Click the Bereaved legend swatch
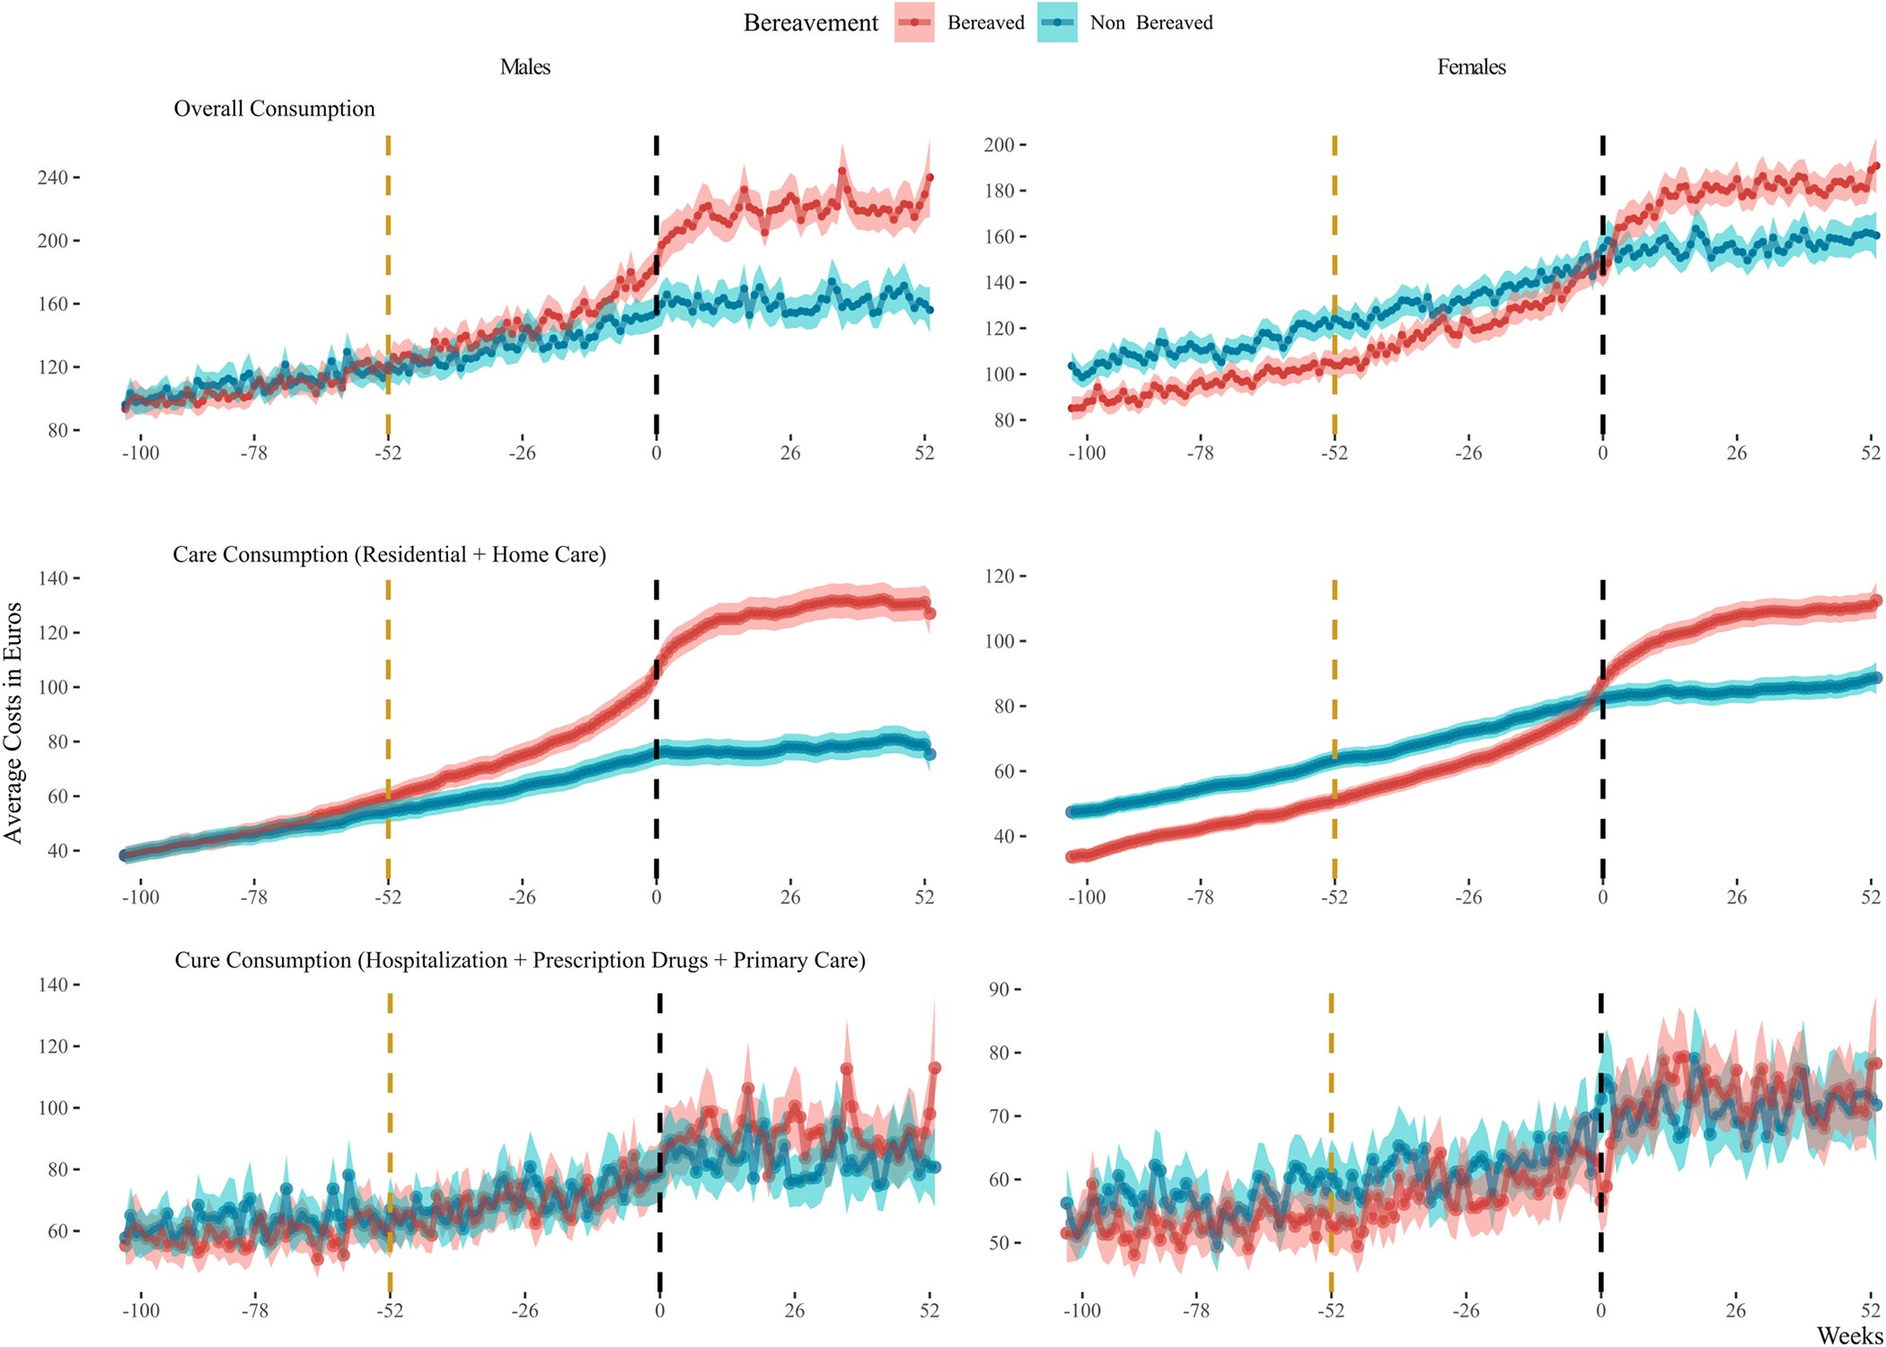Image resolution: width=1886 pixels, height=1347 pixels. click(x=914, y=23)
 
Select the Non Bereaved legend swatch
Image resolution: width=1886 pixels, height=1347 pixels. click(x=1057, y=23)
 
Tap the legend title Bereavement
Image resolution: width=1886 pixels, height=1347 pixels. click(x=810, y=23)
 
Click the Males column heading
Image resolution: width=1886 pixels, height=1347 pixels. click(x=525, y=67)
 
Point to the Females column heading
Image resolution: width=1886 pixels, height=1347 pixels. click(x=1471, y=67)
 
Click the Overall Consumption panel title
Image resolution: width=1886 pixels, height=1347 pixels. click(x=274, y=109)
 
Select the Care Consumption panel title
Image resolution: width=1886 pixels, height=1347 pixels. click(x=389, y=555)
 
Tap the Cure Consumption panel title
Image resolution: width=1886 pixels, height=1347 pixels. click(x=519, y=961)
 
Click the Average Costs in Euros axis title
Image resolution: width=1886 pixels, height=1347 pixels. click(x=13, y=723)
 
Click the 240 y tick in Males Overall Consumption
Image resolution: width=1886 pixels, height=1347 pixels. click(x=52, y=178)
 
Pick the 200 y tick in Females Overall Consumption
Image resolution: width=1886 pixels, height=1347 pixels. click(x=999, y=145)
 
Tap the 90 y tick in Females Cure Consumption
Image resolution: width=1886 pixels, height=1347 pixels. click(x=999, y=990)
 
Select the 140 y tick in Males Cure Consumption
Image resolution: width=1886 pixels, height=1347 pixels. click(x=52, y=985)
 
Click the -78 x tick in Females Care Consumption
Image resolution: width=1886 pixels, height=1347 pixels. click(x=1200, y=897)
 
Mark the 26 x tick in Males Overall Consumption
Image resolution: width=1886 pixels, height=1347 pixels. click(x=790, y=453)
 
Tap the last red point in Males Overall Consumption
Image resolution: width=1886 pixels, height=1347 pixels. click(x=930, y=178)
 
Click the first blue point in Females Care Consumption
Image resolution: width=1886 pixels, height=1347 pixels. click(x=1071, y=812)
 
